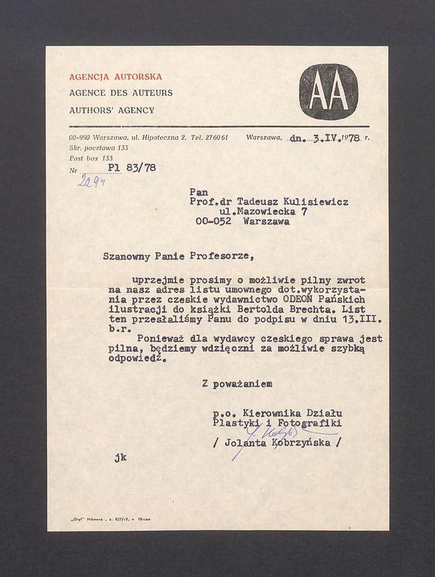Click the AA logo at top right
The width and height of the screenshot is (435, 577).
[328, 92]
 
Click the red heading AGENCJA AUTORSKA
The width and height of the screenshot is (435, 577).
[115, 76]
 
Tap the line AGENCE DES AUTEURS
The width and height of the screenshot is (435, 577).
[120, 93]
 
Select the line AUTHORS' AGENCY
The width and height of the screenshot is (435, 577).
[112, 110]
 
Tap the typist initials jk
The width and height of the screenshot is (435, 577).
[120, 457]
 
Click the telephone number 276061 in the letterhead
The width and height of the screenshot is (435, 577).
[215, 137]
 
